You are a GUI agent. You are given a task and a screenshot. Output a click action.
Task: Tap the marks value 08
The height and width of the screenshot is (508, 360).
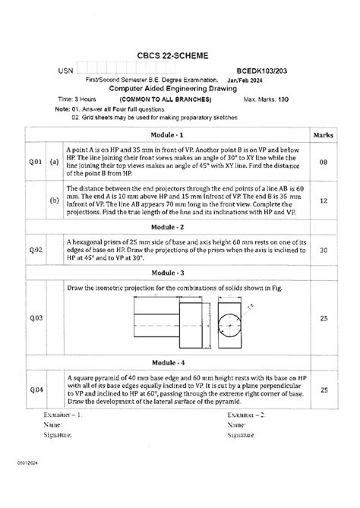point(324,162)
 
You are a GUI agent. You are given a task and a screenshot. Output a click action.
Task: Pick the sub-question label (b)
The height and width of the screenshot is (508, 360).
point(55,201)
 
